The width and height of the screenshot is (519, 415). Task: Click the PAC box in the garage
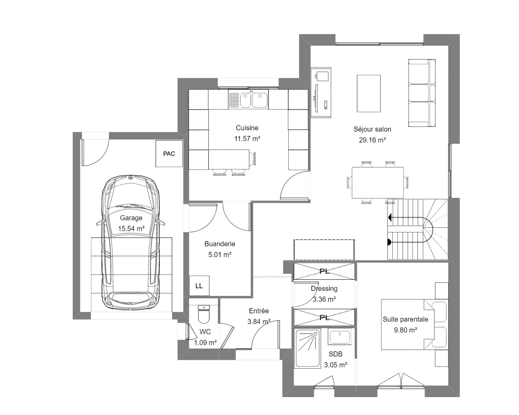coord(169,153)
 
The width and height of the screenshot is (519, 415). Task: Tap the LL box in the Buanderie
coord(199,286)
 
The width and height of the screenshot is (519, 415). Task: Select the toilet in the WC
coord(204,314)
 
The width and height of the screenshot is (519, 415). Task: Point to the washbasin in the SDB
coord(339,336)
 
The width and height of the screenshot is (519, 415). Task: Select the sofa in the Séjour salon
coord(422,93)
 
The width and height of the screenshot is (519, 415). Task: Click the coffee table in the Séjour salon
coord(368,94)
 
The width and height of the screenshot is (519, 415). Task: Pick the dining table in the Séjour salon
coord(378,183)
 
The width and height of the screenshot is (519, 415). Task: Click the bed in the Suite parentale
coord(415,324)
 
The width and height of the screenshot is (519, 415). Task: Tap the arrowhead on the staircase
coord(390,218)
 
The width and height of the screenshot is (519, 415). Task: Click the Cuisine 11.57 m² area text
coord(247,139)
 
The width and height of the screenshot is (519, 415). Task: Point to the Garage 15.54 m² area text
coord(131,229)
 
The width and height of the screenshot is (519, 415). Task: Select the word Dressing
coord(324,288)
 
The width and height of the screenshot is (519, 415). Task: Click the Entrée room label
coord(259,311)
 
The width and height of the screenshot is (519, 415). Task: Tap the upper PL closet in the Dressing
coord(324,271)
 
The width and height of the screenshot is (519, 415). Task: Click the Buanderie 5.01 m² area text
coord(220,255)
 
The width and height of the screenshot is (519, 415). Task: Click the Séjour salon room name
coord(372,129)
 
